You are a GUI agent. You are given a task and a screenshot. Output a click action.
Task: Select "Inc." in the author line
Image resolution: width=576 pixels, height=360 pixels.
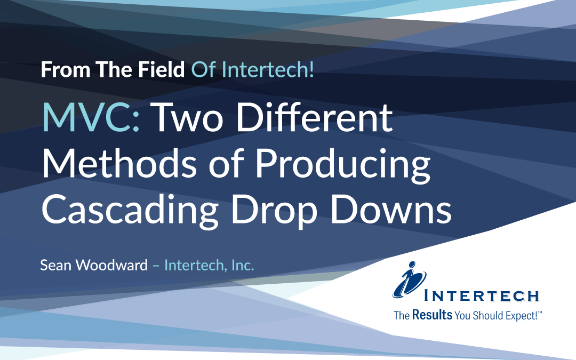click(x=242, y=265)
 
